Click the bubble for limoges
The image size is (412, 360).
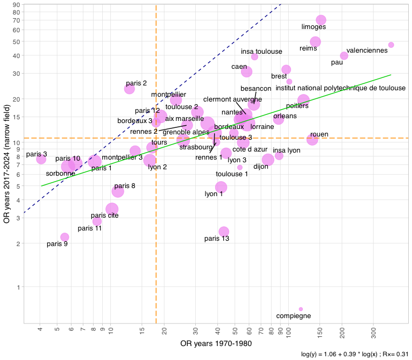(321, 20)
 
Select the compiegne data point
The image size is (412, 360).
(301, 309)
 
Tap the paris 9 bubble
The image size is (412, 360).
(65, 237)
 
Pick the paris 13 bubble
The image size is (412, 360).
(224, 232)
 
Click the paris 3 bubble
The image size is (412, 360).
(41, 159)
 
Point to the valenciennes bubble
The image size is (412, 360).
(391, 45)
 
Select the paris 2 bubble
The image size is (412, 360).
(129, 89)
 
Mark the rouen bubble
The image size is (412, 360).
(312, 140)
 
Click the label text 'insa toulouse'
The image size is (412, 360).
(261, 52)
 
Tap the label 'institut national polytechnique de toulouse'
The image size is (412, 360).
(340, 88)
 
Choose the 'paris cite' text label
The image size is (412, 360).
(104, 215)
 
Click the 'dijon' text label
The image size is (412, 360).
(261, 167)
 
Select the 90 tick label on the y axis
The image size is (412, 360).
(17, 5)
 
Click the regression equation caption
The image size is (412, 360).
(352, 354)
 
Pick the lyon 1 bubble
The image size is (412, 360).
(221, 188)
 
